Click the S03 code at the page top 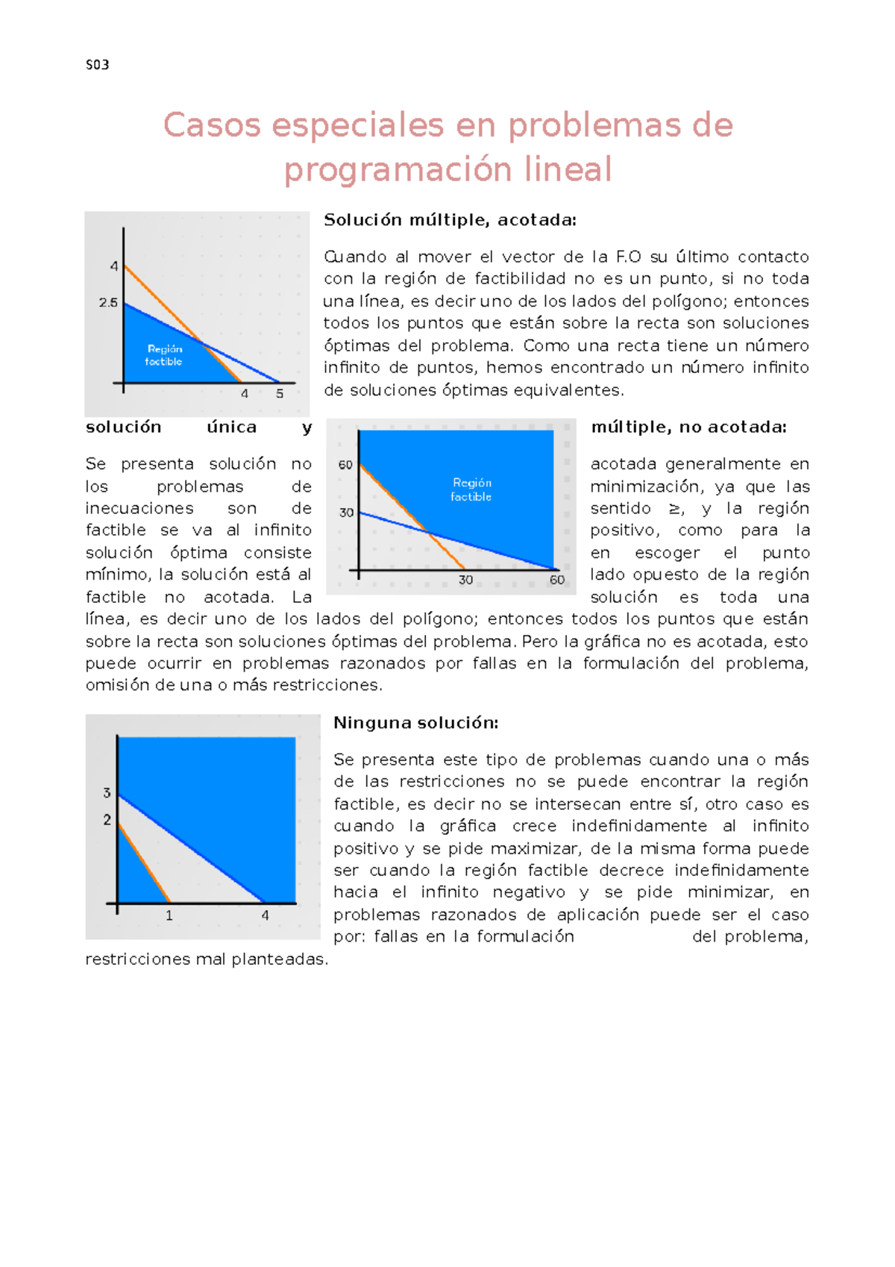[x=98, y=65]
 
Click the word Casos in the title [x=211, y=125]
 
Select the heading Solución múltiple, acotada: [x=450, y=220]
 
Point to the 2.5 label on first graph [x=108, y=303]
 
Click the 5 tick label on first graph [x=280, y=394]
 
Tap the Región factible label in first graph [x=164, y=355]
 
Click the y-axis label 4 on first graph [x=114, y=266]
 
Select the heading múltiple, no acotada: [x=688, y=427]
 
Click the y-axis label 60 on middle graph [x=345, y=465]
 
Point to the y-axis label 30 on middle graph [x=346, y=513]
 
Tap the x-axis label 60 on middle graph [x=557, y=580]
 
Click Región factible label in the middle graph [x=471, y=489]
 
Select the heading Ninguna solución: [x=415, y=722]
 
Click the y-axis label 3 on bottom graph [x=107, y=793]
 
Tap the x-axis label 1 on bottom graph [x=169, y=916]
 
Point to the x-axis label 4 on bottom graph [x=265, y=916]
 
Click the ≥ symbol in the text [x=675, y=509]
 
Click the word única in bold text [x=232, y=427]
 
